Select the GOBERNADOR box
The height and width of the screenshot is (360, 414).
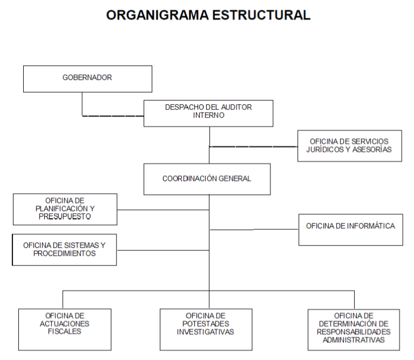tap(87, 79)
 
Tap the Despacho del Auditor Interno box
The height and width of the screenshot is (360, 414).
tap(208, 113)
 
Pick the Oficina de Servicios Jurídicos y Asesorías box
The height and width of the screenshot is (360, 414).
tap(350, 146)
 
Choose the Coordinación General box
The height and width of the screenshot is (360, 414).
tap(207, 179)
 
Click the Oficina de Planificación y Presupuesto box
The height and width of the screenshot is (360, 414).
tap(65, 209)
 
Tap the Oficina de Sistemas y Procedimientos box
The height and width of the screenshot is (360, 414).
tap(64, 249)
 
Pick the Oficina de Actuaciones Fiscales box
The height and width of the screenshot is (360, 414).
tap(65, 329)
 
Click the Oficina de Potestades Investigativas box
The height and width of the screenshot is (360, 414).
tap(206, 329)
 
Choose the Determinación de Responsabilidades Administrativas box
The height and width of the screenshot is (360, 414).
tap(354, 329)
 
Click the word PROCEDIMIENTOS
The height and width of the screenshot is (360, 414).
tap(65, 253)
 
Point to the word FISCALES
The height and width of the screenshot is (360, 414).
tap(65, 331)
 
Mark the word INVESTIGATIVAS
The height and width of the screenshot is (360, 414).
tap(206, 332)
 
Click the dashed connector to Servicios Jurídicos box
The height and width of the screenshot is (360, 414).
tap(254, 146)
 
